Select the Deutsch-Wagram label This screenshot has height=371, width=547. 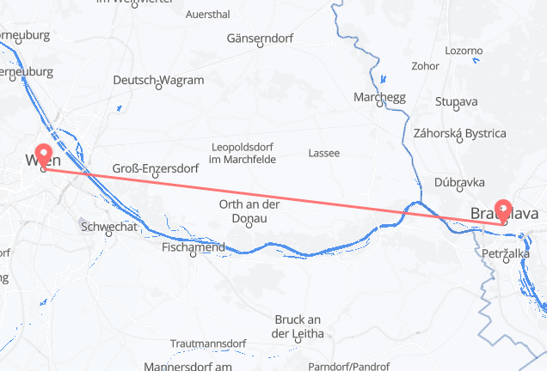pyautogui.click(x=159, y=81)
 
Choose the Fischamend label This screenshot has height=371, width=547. pyautogui.click(x=194, y=247)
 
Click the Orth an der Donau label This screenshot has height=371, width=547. pyautogui.click(x=250, y=211)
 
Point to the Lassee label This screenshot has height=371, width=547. pyautogui.click(x=323, y=153)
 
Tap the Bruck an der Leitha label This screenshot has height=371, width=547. pyautogui.click(x=298, y=325)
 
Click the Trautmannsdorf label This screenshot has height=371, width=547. pyautogui.click(x=207, y=343)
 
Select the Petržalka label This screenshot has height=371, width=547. pyautogui.click(x=505, y=254)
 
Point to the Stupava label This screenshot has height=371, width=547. pyautogui.click(x=457, y=102)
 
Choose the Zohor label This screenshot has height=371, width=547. pyautogui.click(x=426, y=65)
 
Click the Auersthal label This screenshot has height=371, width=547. pyautogui.click(x=207, y=15)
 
